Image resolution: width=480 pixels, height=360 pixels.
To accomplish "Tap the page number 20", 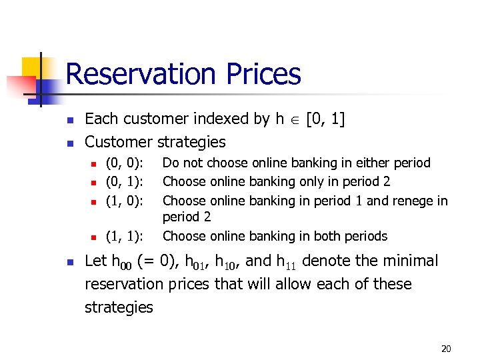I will (x=446, y=349).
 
